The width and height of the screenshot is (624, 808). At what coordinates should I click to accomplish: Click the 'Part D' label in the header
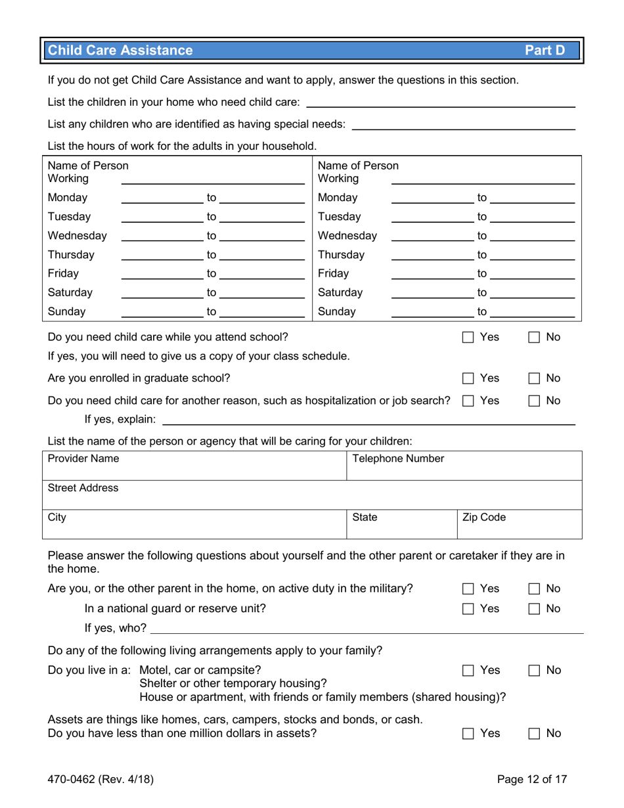point(548,51)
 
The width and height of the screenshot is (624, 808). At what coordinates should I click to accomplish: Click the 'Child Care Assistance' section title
point(121,51)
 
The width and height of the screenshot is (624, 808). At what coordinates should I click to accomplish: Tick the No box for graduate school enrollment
point(533,378)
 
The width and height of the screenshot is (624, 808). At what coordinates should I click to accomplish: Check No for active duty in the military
point(533,589)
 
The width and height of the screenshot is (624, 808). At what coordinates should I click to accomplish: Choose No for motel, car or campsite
point(533,671)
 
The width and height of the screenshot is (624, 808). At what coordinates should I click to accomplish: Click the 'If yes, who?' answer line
point(365,629)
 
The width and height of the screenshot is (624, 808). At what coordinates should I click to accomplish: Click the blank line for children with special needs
point(463,124)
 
